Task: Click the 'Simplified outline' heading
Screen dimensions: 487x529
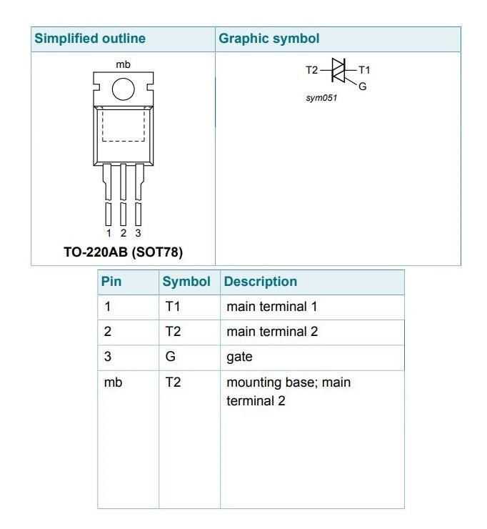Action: point(90,39)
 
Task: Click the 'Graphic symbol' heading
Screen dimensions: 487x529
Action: point(269,39)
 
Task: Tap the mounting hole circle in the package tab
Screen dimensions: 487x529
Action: point(124,89)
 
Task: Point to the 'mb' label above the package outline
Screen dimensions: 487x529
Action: point(123,64)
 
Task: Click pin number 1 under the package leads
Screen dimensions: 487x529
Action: point(109,233)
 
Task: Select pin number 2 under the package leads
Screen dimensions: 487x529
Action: point(124,233)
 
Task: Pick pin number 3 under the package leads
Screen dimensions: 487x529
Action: point(138,233)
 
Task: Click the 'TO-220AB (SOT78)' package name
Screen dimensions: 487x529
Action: point(124,252)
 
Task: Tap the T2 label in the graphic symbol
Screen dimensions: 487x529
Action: point(312,70)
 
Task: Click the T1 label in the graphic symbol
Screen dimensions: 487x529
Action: point(364,70)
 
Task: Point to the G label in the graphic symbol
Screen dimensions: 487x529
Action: point(363,86)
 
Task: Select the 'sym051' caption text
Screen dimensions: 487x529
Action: point(321,98)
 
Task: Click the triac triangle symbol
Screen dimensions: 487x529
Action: point(338,70)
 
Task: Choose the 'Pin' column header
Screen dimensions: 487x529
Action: point(111,282)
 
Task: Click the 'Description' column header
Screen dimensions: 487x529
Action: point(261,282)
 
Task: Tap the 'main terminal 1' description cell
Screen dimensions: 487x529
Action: point(272,307)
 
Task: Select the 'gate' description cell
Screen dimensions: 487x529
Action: point(240,357)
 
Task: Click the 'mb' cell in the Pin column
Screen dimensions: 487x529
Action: point(114,382)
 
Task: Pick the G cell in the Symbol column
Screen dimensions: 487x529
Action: point(171,356)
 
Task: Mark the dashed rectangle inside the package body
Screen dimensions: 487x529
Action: point(124,125)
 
